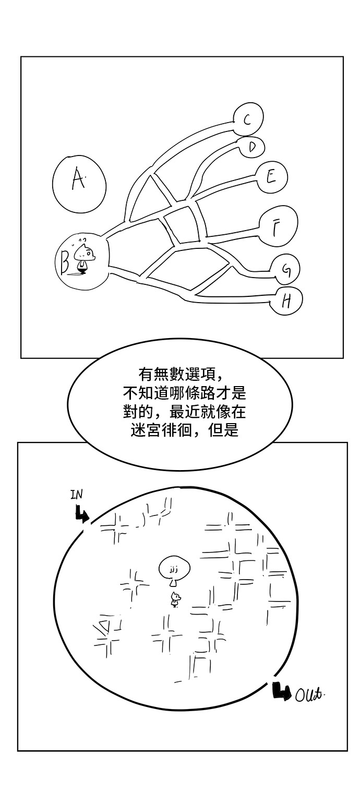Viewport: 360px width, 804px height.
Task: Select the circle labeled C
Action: pos(248,120)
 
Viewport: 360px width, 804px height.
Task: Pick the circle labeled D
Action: pos(252,148)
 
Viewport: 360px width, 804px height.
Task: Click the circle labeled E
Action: pos(271,177)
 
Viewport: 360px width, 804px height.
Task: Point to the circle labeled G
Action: pos(285,270)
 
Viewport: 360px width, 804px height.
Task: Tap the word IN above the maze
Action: pos(77,494)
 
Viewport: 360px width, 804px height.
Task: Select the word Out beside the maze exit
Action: pos(309,695)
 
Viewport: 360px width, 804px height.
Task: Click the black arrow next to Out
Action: pos(281,691)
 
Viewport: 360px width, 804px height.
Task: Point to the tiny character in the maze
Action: pos(176,599)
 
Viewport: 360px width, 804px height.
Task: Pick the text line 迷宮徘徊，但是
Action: pos(181,431)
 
